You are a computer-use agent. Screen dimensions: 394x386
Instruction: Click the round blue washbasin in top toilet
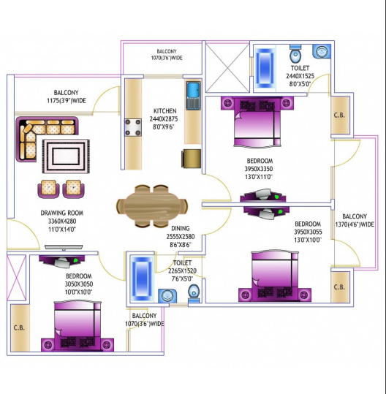coord(320,53)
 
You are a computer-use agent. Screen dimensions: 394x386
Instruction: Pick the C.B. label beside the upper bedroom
coord(339,115)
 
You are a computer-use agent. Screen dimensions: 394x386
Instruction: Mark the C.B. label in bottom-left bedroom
coord(20,328)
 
